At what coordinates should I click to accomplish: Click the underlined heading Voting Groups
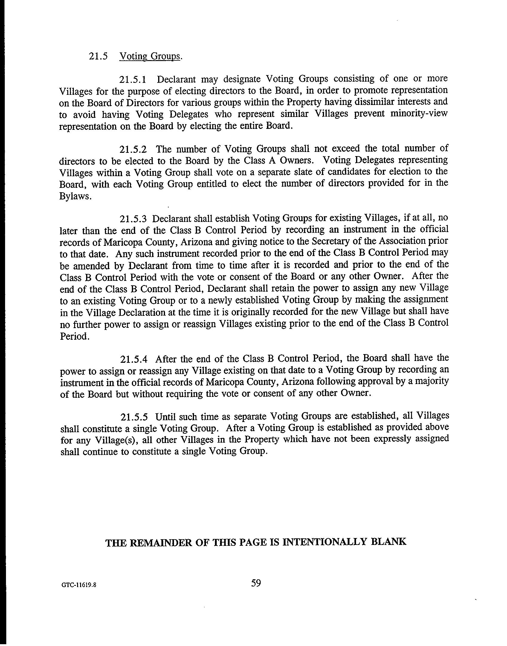point(150,57)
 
